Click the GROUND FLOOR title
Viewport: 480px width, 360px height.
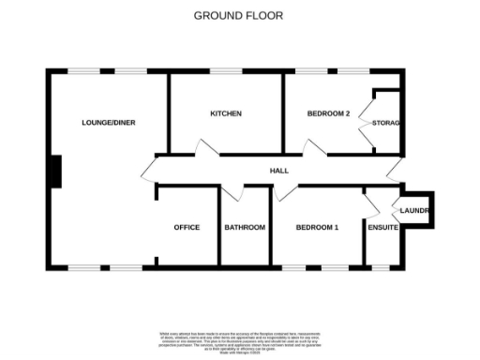238,15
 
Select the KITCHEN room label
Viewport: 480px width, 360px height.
225,113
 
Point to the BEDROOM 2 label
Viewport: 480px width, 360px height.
328,113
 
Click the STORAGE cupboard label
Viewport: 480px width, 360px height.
386,123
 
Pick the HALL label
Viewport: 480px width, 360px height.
279,171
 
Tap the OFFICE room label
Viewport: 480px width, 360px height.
187,227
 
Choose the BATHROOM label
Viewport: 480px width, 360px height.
245,227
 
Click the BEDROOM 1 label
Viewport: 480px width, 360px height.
317,227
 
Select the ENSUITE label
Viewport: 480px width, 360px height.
383,227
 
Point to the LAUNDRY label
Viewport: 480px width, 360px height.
415,211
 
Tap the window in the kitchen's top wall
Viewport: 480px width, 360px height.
225,71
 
